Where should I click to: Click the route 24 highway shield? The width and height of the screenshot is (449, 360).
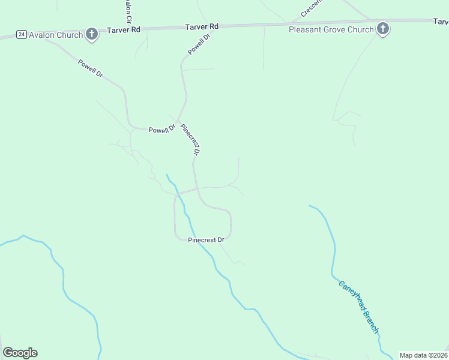22,34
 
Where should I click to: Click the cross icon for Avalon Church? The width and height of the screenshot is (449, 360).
92,34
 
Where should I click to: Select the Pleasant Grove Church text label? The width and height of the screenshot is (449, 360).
331,29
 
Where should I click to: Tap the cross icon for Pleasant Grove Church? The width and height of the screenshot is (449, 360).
382,29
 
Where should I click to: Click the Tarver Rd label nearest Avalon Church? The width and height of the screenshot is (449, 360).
124,29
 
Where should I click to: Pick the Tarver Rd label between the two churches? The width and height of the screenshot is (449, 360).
202,26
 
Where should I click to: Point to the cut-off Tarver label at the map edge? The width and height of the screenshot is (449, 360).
440,21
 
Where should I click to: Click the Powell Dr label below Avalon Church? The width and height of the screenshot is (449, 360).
91,67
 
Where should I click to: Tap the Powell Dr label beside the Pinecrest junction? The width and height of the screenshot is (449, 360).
161,129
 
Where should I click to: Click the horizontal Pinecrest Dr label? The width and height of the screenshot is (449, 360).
206,239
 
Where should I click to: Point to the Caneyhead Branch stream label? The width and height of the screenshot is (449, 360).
358,307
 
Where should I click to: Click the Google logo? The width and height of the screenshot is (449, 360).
20,353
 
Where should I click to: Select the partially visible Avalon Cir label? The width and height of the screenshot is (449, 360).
127,8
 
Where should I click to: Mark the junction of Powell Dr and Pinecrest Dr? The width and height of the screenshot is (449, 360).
178,122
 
